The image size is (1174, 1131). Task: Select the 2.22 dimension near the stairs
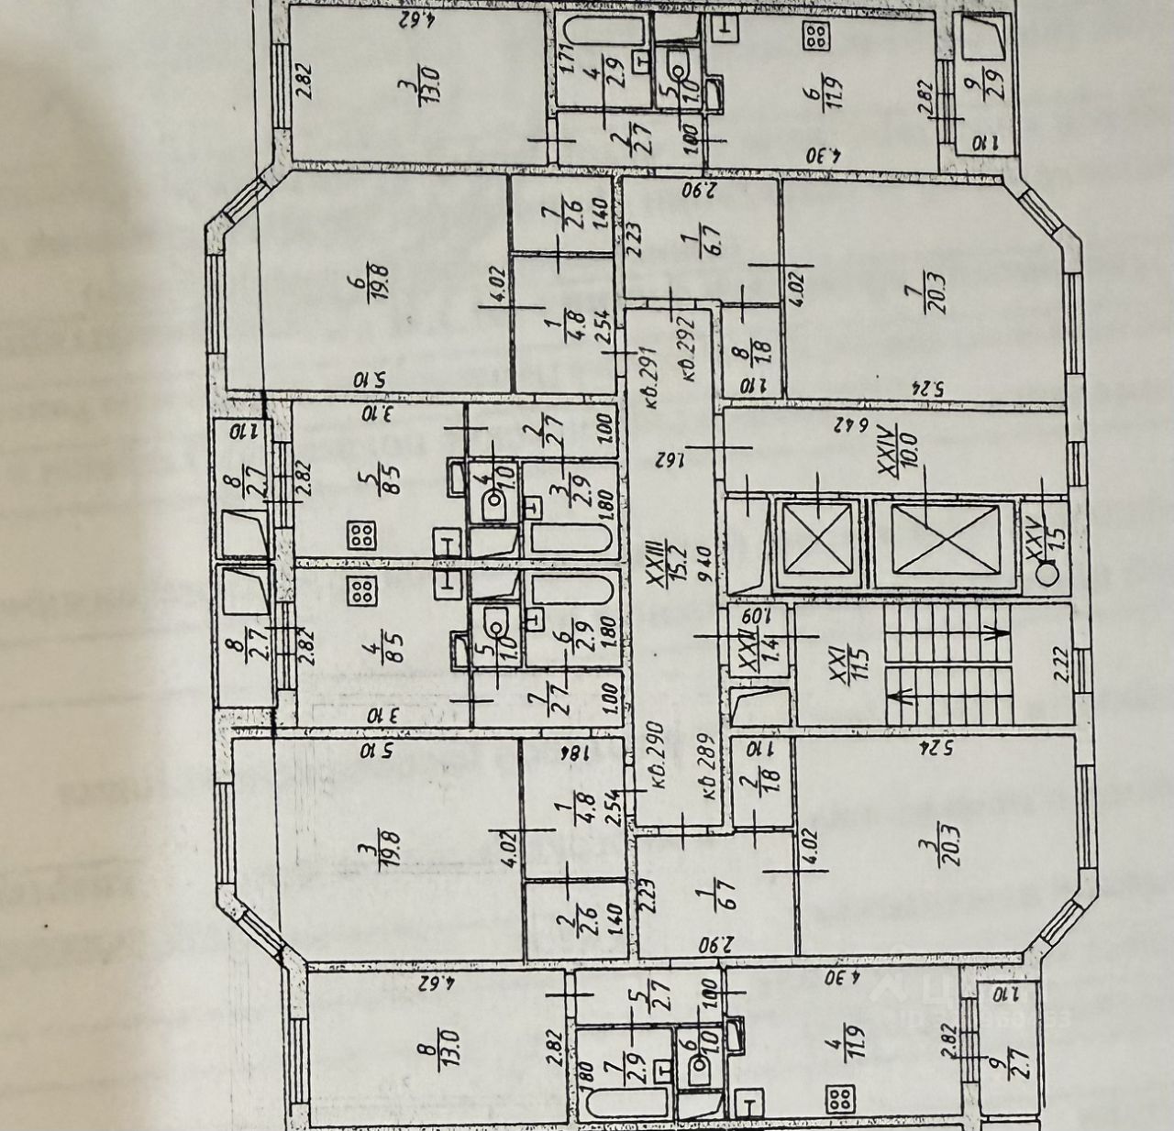(1061, 661)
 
